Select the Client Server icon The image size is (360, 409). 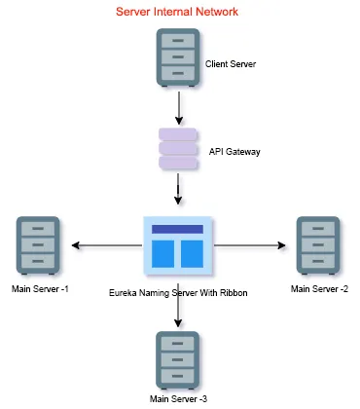pyautogui.click(x=176, y=57)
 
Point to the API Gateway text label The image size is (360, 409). pyautogui.click(x=234, y=152)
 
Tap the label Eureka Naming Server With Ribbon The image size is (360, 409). pyautogui.click(x=179, y=290)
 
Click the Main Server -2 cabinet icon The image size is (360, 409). pyautogui.click(x=317, y=246)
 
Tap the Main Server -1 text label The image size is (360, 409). pyautogui.click(x=40, y=289)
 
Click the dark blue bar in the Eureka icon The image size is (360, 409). pyautogui.click(x=177, y=229)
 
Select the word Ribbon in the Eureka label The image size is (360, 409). pyautogui.click(x=236, y=290)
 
